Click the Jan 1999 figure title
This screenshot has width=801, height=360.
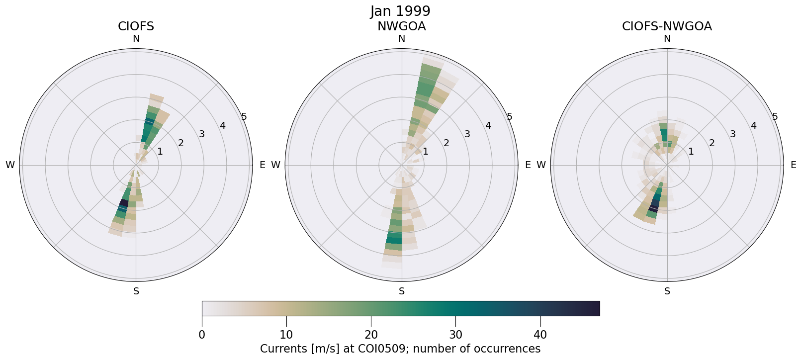(400, 11)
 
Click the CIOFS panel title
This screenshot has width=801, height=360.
(136, 26)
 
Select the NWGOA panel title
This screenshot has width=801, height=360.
(401, 26)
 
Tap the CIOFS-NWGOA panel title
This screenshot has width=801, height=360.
(667, 26)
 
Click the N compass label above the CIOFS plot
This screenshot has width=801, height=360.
(136, 39)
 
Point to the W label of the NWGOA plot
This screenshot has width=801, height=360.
(275, 165)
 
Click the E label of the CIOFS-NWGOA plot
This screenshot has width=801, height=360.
(794, 165)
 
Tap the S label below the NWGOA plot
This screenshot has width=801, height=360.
(401, 291)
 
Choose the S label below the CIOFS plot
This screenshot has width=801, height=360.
(136, 291)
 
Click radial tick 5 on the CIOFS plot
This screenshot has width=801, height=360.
(244, 117)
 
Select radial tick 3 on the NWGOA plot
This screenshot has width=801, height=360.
(467, 134)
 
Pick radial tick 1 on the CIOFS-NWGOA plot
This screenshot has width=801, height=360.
(691, 152)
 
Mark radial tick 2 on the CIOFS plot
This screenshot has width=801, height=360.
(180, 143)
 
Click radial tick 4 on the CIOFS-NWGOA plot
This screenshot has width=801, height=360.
(753, 125)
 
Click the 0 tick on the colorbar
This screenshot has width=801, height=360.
(202, 335)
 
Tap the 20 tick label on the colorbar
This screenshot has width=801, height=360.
(371, 335)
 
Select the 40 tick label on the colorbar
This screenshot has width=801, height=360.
(540, 335)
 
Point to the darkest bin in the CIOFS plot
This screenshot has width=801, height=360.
(124, 203)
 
